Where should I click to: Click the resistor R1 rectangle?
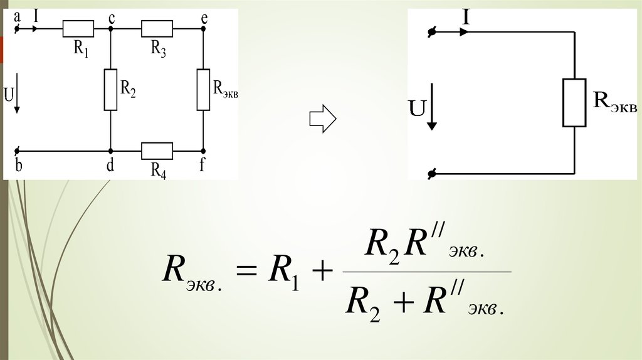(x=78, y=29)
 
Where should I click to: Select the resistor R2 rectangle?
(x=110, y=90)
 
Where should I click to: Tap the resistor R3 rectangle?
(x=157, y=29)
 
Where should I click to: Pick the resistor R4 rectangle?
(x=157, y=151)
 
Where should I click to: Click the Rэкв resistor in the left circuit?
(x=203, y=90)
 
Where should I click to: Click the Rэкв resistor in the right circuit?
(x=574, y=102)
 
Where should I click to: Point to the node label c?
(x=111, y=18)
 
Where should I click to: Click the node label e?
(x=204, y=18)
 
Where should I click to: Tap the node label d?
(x=110, y=166)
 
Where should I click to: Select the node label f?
(x=203, y=166)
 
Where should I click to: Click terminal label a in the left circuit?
(x=18, y=17)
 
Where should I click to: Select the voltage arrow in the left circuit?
(x=17, y=94)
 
